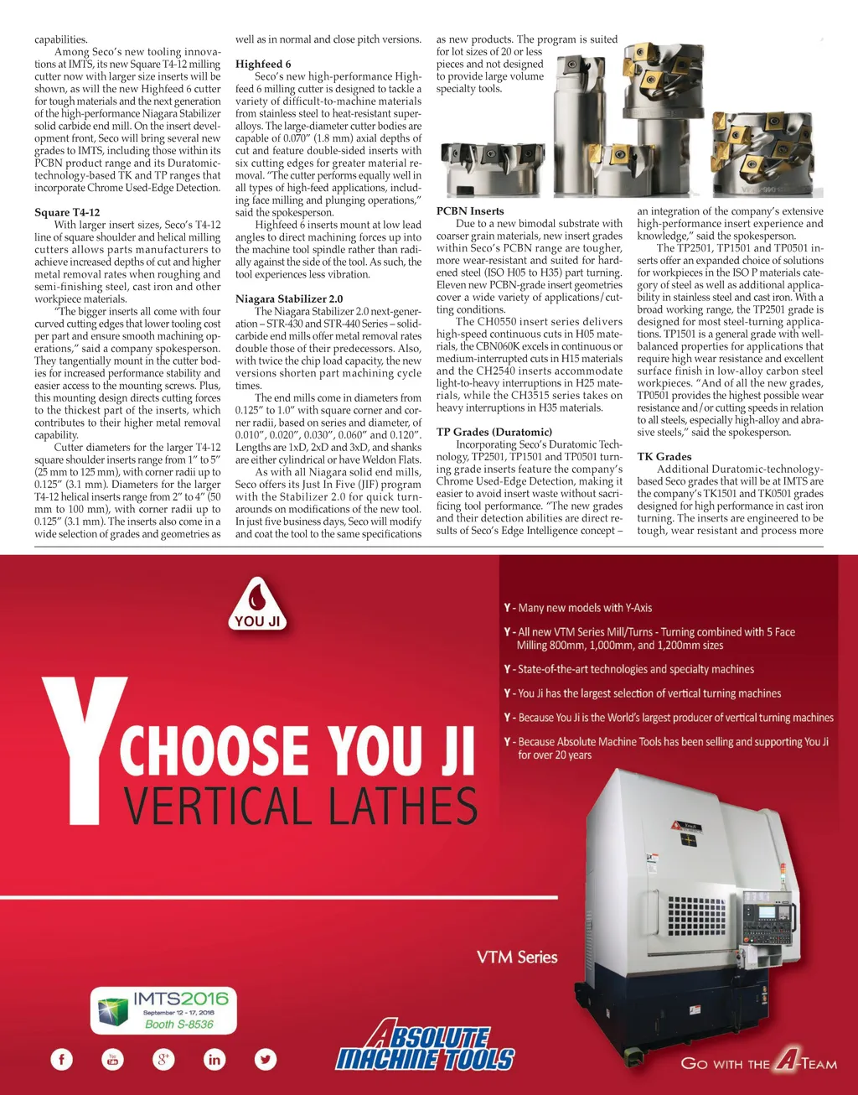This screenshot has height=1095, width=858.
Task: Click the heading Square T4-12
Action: pos(67,212)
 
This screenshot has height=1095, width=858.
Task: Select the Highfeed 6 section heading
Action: pos(263,64)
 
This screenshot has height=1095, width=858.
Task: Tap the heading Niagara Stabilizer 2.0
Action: pos(289,298)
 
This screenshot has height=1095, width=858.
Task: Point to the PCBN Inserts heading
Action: pos(470,211)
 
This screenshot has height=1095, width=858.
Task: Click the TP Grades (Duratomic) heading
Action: pos(494,432)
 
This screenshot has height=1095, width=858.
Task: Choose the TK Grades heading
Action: pos(664,457)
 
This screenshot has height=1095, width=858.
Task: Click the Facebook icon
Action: pos(62,1059)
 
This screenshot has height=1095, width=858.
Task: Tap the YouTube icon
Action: pos(112,1059)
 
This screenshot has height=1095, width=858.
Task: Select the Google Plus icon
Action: pos(163,1059)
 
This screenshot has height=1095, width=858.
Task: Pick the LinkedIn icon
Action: pos(214,1059)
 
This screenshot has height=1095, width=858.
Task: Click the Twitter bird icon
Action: pos(266,1059)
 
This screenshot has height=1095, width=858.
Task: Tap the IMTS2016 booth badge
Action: pos(163,1009)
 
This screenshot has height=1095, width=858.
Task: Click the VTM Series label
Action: pos(517,957)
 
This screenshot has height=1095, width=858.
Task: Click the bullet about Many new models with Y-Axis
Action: pos(578,608)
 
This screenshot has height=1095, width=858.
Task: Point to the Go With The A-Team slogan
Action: pos(758,1063)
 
